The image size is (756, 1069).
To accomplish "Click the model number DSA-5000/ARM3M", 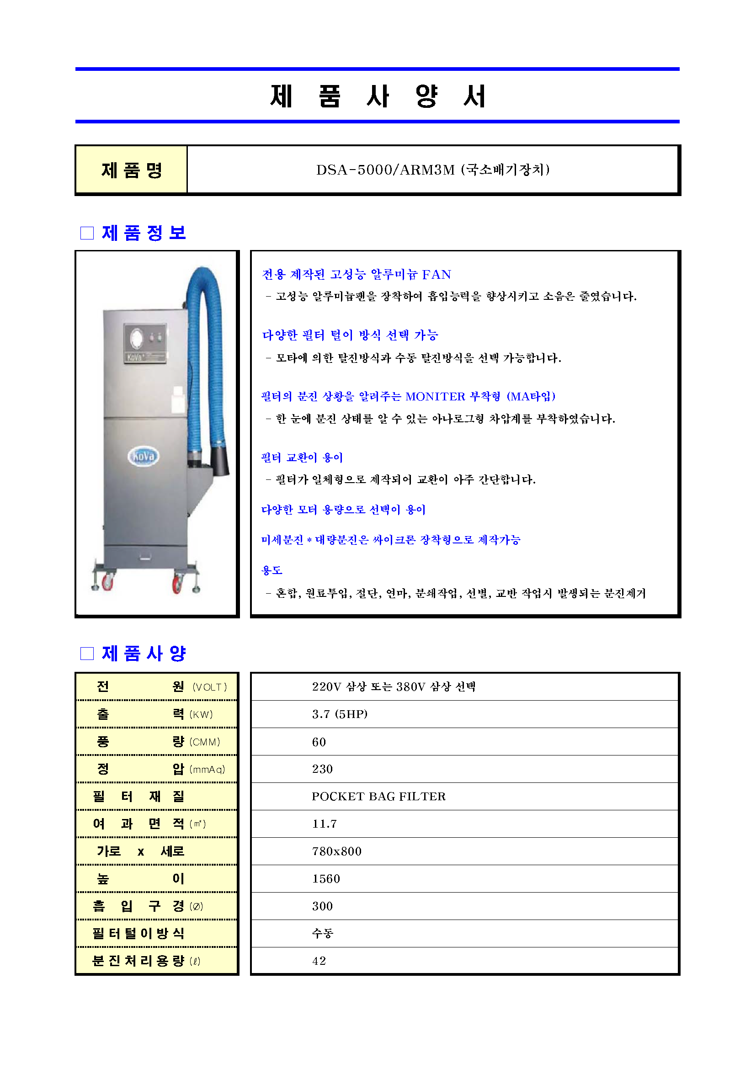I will tap(385, 170).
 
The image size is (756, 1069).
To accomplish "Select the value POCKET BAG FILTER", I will tap(378, 797).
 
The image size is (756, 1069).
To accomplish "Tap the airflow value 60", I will tap(319, 742).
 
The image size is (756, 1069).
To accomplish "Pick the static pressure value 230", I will tap(322, 769).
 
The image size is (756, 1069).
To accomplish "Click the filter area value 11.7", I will tap(325, 824).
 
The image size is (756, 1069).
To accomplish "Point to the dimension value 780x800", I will tap(336, 851).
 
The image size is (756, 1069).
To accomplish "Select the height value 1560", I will tap(326, 879).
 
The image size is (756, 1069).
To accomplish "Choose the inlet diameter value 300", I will tap(322, 906).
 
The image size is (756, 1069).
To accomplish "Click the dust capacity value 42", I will tap(319, 961).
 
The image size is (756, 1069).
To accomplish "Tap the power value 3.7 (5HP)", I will tap(339, 714).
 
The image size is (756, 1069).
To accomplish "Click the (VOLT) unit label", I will tap(209, 687).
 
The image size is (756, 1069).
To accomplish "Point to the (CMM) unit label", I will tap(205, 742).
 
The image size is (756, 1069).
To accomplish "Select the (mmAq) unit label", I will tap(207, 770).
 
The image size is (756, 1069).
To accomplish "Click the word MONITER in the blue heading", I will tap(435, 397).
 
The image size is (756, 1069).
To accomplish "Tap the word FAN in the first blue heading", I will tap(436, 275).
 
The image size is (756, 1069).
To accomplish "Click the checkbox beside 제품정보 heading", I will tap(87, 233).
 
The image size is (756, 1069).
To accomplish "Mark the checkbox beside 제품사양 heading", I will tap(87, 654).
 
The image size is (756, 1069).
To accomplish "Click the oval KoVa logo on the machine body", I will tap(144, 456).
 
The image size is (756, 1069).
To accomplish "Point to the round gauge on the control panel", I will tap(137, 339).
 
